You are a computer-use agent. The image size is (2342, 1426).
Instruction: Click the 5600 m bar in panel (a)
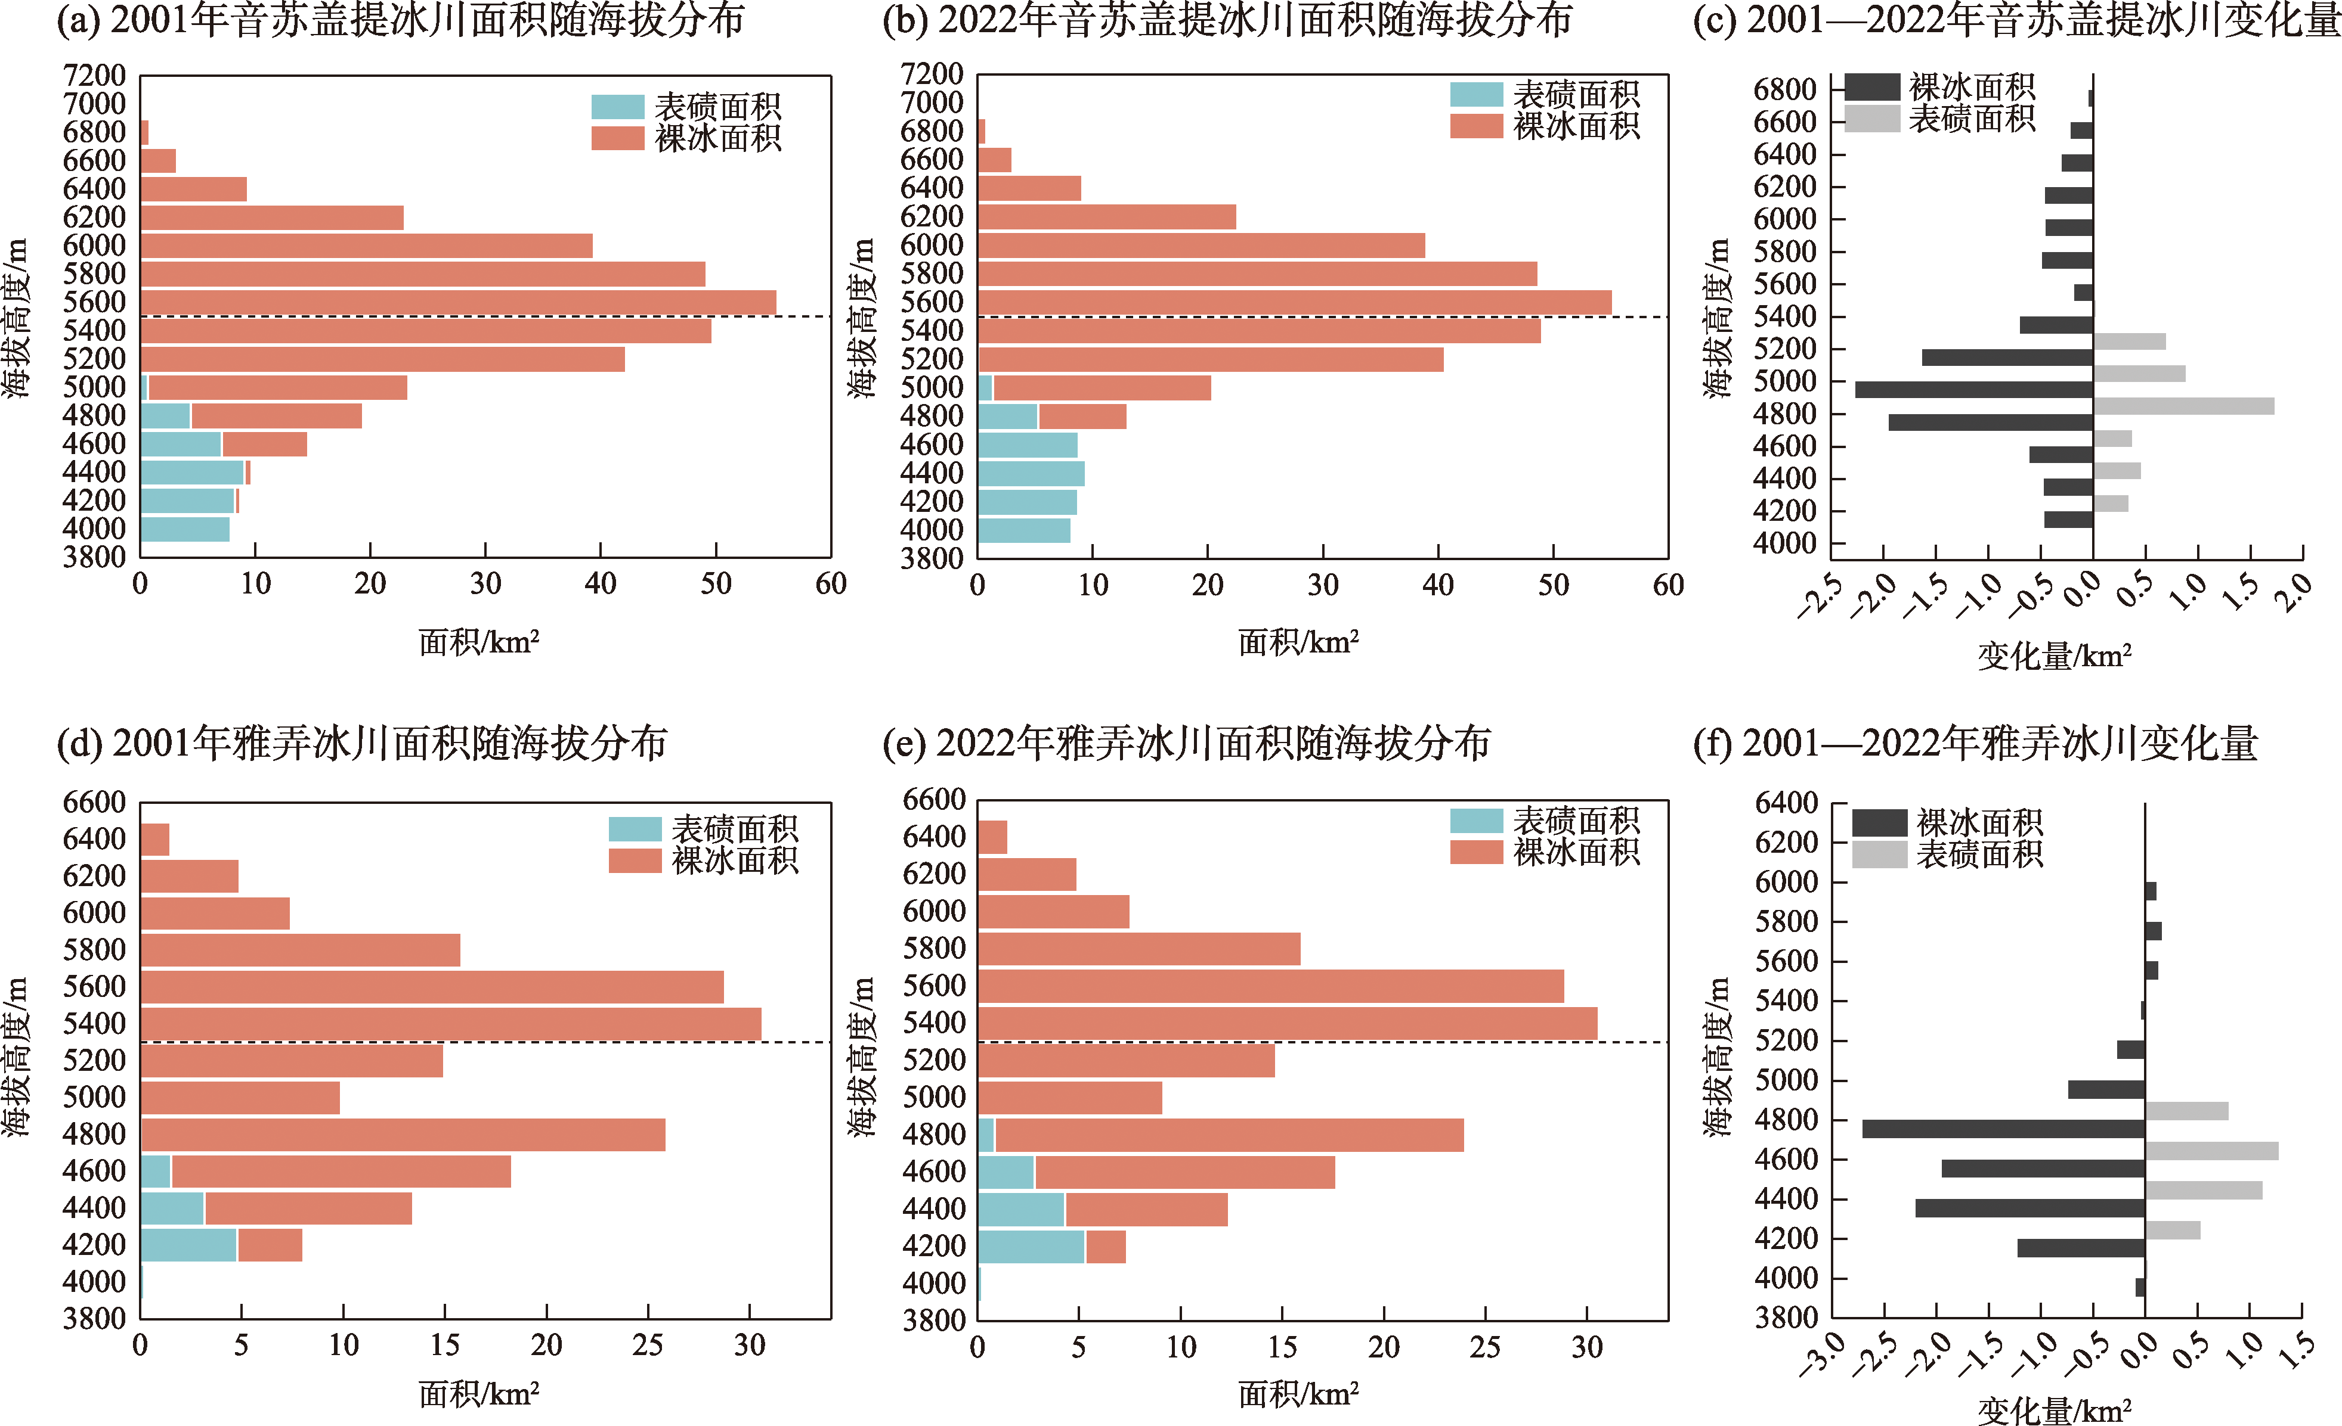[x=457, y=302]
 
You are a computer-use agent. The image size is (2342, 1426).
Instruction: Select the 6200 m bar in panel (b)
[x=1106, y=216]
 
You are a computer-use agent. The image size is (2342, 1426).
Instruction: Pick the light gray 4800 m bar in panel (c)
[x=2183, y=406]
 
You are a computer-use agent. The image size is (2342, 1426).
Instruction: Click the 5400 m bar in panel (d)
[x=450, y=1024]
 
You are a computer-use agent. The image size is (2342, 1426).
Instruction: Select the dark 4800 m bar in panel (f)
[x=2003, y=1129]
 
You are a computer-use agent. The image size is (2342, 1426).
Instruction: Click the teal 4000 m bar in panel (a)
[x=184, y=529]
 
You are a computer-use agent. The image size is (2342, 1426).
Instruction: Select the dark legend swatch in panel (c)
[x=1871, y=88]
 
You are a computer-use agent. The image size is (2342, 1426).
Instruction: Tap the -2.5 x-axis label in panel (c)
[x=1818, y=598]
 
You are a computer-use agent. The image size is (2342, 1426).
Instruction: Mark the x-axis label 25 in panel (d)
[x=647, y=1345]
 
